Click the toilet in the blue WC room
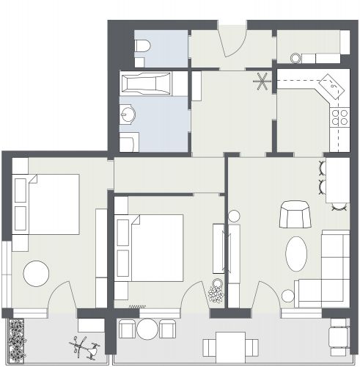tap(142, 48)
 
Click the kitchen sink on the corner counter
tap(335, 87)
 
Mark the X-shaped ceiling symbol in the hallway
tap(261, 81)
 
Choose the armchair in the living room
tap(295, 215)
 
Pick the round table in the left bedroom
tap(36, 275)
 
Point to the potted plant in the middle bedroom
tap(216, 293)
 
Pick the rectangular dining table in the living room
tap(337, 182)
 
